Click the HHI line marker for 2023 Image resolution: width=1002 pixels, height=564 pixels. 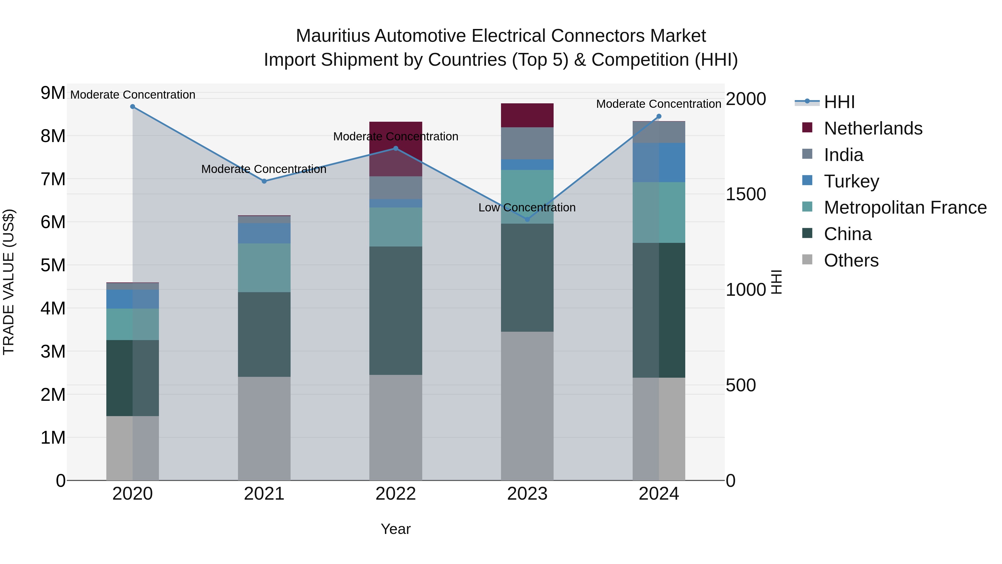[x=527, y=219]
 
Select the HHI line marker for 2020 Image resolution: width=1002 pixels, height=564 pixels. [x=133, y=106]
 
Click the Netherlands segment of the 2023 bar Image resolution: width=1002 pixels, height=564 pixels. [x=527, y=115]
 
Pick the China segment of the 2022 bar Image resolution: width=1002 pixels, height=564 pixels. [x=396, y=310]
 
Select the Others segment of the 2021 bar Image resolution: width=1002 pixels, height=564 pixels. [x=264, y=428]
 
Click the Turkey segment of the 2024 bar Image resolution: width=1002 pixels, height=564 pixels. [x=659, y=162]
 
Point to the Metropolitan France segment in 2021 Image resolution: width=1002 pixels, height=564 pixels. [x=264, y=268]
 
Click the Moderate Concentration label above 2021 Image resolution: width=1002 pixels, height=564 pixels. [x=264, y=169]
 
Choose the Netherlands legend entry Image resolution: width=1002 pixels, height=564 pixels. [x=873, y=128]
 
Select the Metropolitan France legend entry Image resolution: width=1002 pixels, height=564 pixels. [x=905, y=207]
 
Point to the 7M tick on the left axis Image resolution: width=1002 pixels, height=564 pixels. [x=53, y=179]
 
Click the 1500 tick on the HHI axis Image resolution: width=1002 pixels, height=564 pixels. [x=746, y=194]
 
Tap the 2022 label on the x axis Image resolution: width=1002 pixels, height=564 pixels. [x=396, y=494]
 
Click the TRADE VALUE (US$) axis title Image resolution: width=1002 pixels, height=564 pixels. [x=9, y=282]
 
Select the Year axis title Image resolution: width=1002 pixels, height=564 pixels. [x=396, y=529]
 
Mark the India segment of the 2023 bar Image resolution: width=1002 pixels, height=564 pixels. [x=527, y=143]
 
